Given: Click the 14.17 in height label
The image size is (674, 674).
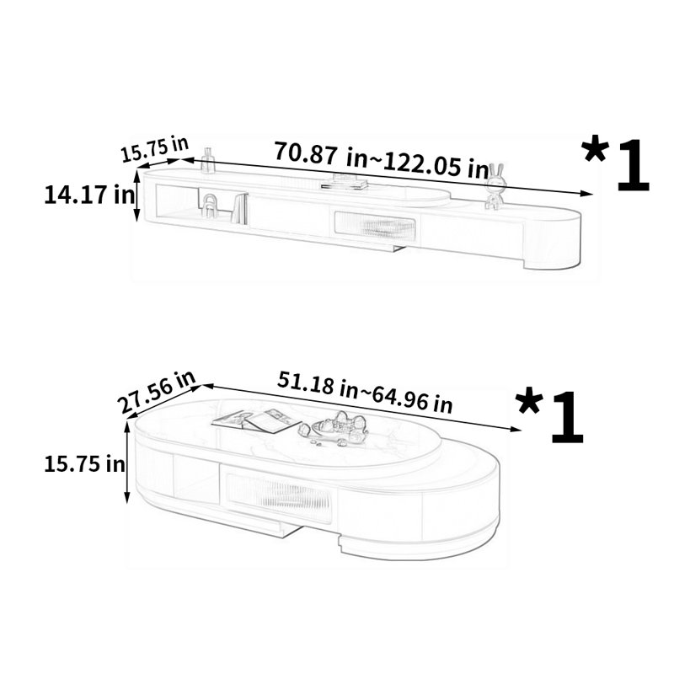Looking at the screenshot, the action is [89, 195].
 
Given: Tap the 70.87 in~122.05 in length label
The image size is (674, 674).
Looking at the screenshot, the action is [382, 159].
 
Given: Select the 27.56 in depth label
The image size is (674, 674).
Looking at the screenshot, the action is [157, 392].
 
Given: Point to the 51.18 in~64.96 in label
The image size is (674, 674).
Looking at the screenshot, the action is [365, 392].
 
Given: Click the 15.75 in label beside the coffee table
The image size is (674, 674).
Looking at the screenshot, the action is [85, 464].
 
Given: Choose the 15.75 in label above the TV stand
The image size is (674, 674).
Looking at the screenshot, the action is [154, 149].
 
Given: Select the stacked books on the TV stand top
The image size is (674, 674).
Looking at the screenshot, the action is [345, 182].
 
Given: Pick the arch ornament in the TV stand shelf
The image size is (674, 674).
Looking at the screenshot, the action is [210, 206].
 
